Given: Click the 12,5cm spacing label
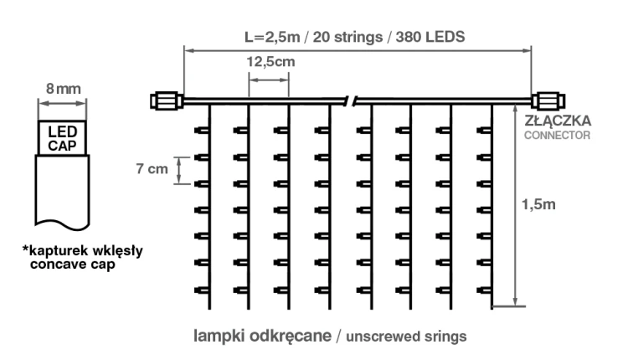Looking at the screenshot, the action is (270, 62).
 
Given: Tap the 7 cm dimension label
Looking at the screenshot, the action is (152, 168).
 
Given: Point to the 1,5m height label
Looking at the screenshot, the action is (538, 204).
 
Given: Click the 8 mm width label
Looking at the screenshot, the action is (64, 89).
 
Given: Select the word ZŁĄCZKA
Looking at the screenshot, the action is (558, 121).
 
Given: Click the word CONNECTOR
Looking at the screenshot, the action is (557, 136).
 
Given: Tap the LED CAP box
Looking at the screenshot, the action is (63, 138).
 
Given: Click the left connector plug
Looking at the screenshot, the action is (167, 101).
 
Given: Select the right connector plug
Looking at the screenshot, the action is (548, 101).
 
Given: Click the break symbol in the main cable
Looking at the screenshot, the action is (351, 101).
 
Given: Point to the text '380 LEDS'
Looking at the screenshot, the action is (430, 37).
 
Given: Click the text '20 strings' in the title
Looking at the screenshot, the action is (347, 37).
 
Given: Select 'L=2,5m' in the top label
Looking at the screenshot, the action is (272, 37).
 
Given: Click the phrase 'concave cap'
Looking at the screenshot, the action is (73, 265).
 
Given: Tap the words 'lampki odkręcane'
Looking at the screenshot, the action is (262, 336).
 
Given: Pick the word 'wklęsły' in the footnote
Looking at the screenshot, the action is (118, 251).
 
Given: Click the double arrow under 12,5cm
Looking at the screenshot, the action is (269, 80).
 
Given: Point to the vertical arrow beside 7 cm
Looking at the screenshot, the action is (179, 170).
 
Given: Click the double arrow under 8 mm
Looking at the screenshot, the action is (63, 104).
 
